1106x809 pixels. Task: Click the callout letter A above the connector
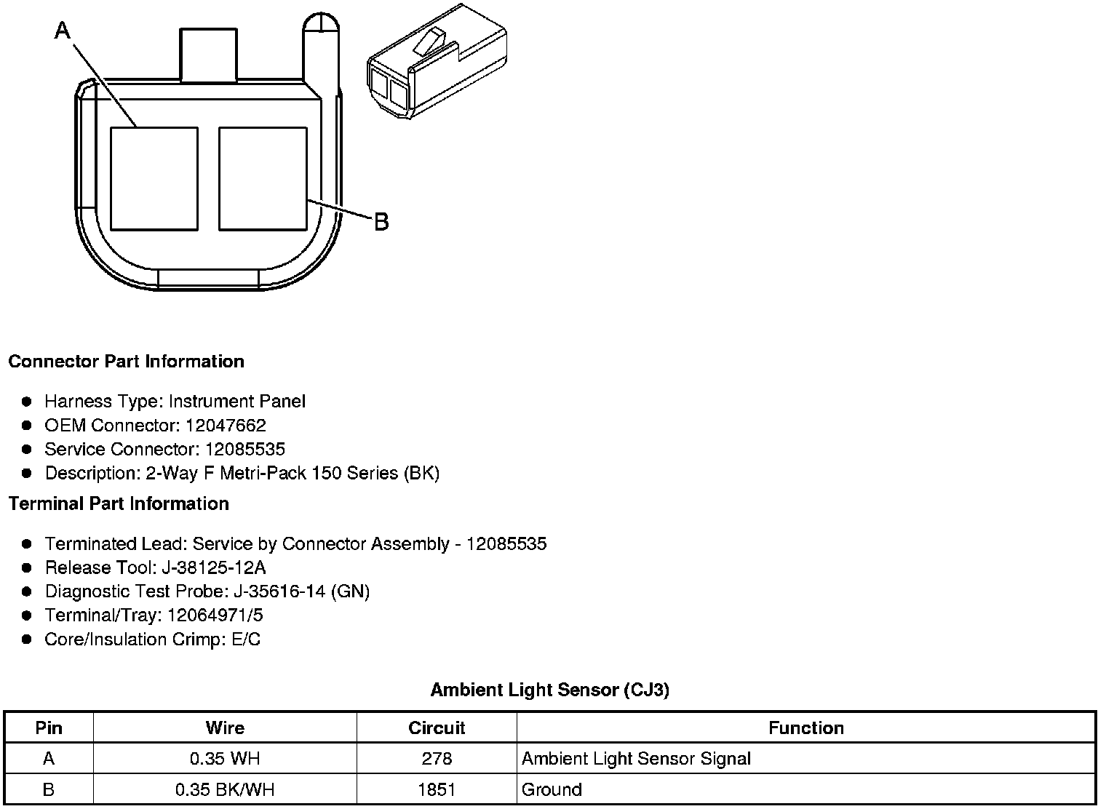(63, 31)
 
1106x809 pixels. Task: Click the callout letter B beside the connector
(381, 222)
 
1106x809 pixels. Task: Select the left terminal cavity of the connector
(154, 179)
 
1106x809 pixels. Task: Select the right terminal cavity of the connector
(263, 179)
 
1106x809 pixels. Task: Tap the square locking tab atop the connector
(208, 55)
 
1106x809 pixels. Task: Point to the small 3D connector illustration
(437, 61)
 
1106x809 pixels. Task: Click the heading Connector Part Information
(127, 362)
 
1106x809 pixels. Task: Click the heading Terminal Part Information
(119, 503)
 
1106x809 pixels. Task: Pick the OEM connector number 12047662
(226, 425)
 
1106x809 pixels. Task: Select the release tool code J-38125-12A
(214, 567)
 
